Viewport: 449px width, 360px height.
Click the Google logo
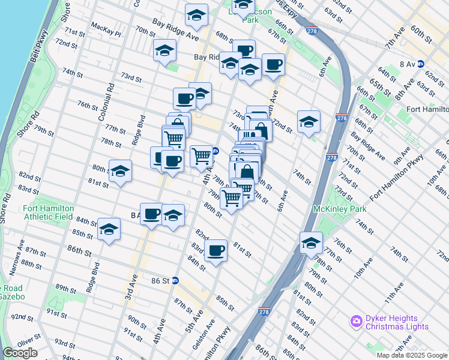20,353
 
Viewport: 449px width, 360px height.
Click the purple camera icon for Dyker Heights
357,322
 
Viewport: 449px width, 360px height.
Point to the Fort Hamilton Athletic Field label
49,212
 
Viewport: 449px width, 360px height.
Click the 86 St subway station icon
175,280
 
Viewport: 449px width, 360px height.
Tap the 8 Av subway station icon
421,63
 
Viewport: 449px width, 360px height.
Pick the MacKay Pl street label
106,26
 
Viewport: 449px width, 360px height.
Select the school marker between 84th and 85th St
109,229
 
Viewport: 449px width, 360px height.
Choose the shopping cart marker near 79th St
231,197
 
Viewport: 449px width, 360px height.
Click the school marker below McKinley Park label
311,243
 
